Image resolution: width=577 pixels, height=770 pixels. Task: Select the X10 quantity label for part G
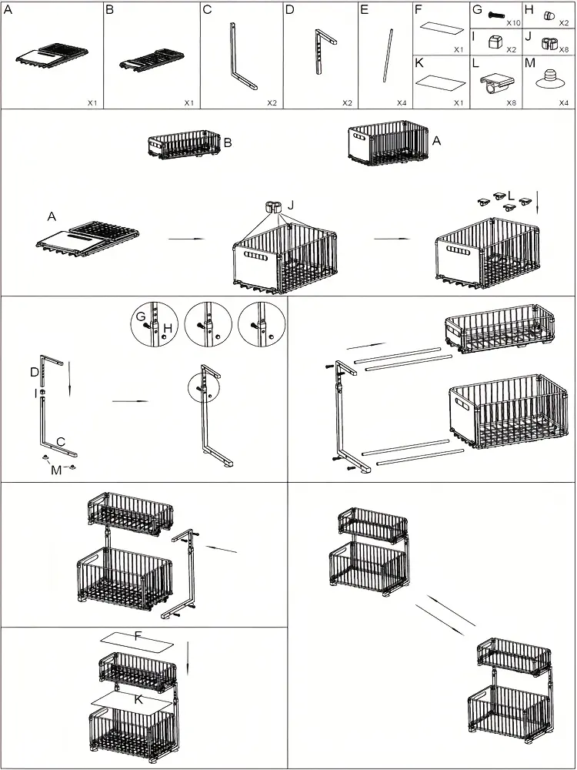[x=514, y=23]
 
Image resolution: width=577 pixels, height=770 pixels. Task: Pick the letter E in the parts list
[x=364, y=9]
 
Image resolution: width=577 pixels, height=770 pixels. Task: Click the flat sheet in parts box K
[x=441, y=81]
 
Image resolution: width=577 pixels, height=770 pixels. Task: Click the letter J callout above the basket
[x=291, y=206]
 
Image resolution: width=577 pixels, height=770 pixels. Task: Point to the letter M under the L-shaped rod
[x=56, y=470]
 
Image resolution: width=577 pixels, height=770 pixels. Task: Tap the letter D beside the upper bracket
[x=35, y=372]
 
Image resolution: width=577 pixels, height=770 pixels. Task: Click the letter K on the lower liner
[x=138, y=698]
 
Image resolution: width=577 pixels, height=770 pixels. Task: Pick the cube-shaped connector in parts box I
[x=495, y=42]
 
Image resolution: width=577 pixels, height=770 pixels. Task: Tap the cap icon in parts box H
[x=550, y=15]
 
